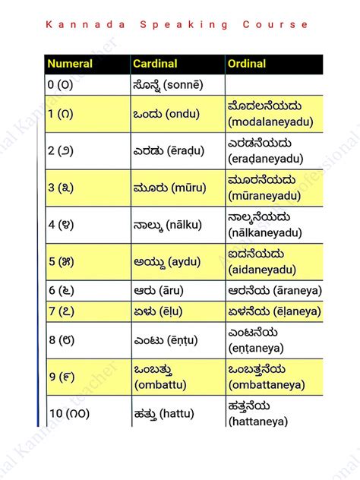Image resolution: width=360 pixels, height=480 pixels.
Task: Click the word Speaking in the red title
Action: pyautogui.click(x=184, y=25)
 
